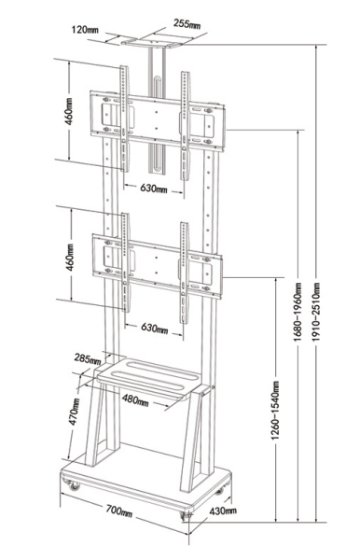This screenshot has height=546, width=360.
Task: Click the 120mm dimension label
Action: pyautogui.click(x=85, y=29)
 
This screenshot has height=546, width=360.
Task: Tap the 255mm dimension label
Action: pyautogui.click(x=187, y=24)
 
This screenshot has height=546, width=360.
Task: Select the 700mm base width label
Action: pyautogui.click(x=119, y=511)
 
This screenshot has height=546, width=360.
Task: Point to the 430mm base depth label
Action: pyautogui.click(x=223, y=511)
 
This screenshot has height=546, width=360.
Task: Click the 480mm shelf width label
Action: pyautogui.click(x=135, y=400)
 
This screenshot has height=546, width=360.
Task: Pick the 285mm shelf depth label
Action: pyautogui.click(x=88, y=359)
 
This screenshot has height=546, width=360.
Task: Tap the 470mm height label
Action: pyautogui.click(x=75, y=412)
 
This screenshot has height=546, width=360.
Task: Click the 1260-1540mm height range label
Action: pyautogui.click(x=275, y=410)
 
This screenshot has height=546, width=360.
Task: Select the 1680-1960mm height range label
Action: pyautogui.click(x=298, y=312)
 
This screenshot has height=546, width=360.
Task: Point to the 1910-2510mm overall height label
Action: pyautogui.click(x=316, y=312)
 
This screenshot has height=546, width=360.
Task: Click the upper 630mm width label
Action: pyautogui.click(x=154, y=188)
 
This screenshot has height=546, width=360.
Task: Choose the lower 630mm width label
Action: pyautogui.click(x=155, y=328)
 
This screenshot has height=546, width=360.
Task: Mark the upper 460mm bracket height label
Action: pyautogui.click(x=68, y=111)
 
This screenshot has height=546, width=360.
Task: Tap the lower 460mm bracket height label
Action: pyautogui.click(x=70, y=258)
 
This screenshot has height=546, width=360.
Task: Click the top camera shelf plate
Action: pyautogui.click(x=153, y=42)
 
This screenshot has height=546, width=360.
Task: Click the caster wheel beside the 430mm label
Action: pyautogui.click(x=187, y=515)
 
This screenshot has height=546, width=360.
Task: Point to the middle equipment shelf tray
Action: pyautogui.click(x=149, y=377)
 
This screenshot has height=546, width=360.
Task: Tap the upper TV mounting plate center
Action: pyautogui.click(x=157, y=120)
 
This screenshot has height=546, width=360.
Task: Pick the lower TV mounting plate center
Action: pyautogui.click(x=157, y=265)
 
